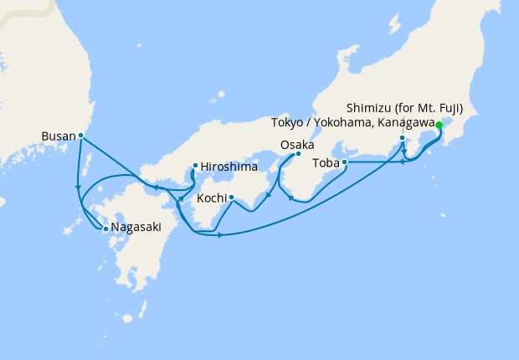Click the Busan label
[58, 135]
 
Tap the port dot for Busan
[80, 135]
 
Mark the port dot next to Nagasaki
[105, 228]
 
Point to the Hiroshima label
[228, 166]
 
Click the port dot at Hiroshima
[195, 166]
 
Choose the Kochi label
[212, 198]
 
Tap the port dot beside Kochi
[231, 198]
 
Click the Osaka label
[297, 145]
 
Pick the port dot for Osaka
[298, 154]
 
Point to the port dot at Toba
[345, 162]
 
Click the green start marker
[439, 126]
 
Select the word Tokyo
[288, 123]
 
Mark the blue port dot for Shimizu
[403, 138]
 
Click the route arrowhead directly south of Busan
[78, 186]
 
